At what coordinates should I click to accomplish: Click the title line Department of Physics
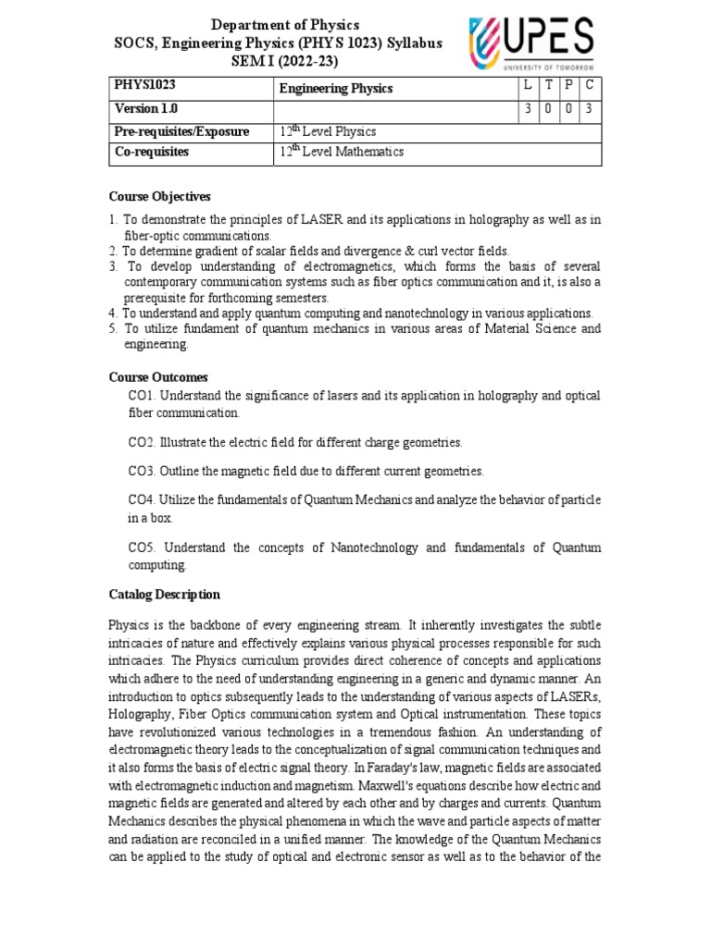285,25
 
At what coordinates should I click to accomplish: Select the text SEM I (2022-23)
285,60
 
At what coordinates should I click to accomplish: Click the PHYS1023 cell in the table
144,85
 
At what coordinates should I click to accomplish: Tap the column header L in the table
527,85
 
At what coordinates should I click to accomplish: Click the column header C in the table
590,85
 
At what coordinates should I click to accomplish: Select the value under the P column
568,110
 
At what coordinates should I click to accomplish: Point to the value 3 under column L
527,110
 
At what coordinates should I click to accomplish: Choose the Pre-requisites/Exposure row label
181,131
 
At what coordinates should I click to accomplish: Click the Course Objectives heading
160,197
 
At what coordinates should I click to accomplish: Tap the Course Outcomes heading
158,377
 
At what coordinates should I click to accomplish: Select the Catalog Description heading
165,595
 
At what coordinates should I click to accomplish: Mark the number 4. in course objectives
112,314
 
